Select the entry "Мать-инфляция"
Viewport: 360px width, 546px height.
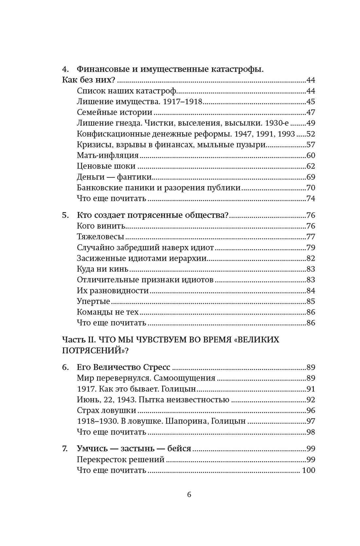tap(108, 155)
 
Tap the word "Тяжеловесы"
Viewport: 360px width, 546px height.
tap(100, 237)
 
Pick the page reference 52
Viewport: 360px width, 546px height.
tap(310, 134)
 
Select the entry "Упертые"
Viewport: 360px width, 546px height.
tap(93, 301)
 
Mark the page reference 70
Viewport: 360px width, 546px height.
tap(310, 188)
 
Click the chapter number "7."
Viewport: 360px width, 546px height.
tap(65, 449)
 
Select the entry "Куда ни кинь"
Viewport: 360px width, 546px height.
tap(102, 269)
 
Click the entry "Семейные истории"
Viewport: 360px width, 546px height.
tap(115, 112)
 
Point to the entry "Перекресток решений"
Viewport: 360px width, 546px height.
tap(120, 459)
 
